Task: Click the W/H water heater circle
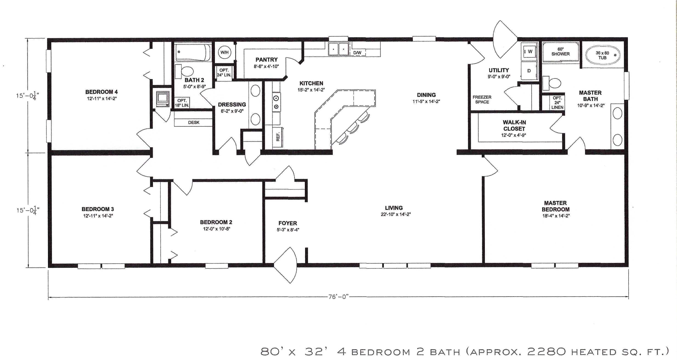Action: point(224,52)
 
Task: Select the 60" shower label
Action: point(560,51)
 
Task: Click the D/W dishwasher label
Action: point(357,53)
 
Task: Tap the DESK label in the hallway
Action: point(194,122)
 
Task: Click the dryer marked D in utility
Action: point(529,71)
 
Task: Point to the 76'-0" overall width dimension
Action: point(338,297)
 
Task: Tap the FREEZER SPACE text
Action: point(482,100)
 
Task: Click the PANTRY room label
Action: point(267,60)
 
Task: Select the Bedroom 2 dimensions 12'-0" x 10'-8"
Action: point(216,229)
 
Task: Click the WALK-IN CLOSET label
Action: point(514,125)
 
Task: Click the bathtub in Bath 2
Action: point(193,53)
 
